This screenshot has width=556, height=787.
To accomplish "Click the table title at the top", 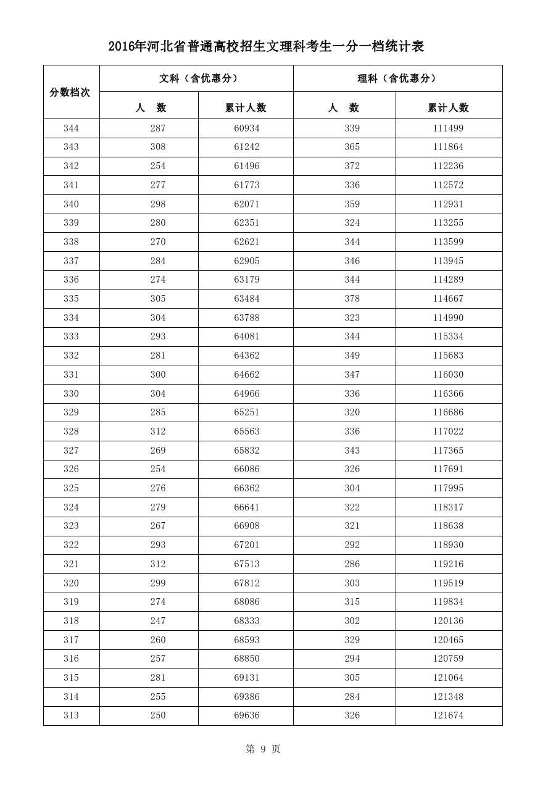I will click(266, 47).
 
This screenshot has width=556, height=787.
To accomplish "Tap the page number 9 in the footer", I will click(263, 749).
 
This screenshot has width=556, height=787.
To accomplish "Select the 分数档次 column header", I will click(70, 92).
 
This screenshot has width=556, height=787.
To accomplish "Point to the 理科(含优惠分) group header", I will click(397, 78).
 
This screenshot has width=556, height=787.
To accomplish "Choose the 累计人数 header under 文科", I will click(246, 107).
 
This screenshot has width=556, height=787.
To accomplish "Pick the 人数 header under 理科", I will click(344, 107).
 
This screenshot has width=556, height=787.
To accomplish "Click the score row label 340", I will click(71, 204).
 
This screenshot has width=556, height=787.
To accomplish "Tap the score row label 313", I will click(71, 715).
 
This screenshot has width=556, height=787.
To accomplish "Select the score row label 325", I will click(71, 488).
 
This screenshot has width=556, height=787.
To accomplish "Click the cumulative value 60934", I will click(246, 128).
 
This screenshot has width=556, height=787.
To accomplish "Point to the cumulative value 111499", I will click(448, 128).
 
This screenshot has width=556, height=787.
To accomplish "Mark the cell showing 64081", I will click(246, 336).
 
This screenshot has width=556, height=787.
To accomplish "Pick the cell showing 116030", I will click(448, 375).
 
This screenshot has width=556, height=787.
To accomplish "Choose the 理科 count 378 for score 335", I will click(352, 299).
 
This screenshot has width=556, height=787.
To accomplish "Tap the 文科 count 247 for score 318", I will click(158, 621).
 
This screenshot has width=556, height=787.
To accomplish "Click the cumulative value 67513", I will click(246, 564).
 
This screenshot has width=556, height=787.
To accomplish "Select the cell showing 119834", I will click(448, 602).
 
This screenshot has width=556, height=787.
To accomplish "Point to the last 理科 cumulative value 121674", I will click(448, 715).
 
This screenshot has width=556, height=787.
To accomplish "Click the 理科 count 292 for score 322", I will click(352, 545).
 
